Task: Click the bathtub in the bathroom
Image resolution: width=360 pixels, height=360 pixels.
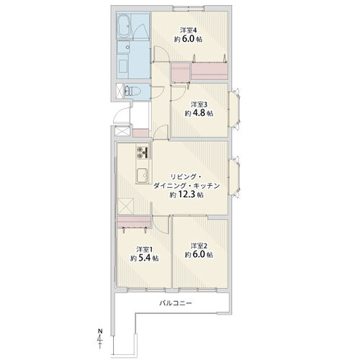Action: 124,27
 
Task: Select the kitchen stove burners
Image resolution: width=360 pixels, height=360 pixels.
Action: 142,153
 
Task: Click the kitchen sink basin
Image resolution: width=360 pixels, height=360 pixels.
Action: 142,176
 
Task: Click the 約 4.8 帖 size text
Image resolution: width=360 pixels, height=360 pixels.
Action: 199,113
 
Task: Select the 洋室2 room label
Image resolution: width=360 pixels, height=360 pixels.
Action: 199,246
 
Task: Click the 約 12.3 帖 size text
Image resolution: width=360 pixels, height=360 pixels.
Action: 186,194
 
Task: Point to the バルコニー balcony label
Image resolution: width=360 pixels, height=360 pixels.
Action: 176,303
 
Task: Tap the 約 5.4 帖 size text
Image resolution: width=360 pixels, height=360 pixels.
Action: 144,258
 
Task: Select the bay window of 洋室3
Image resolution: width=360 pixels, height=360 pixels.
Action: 234,109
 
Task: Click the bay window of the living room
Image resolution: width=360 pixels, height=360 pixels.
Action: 234,177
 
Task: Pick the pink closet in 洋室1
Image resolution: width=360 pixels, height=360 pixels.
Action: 134,222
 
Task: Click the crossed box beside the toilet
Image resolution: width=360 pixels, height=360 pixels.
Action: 120,91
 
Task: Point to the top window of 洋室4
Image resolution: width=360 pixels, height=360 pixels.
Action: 189,8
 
